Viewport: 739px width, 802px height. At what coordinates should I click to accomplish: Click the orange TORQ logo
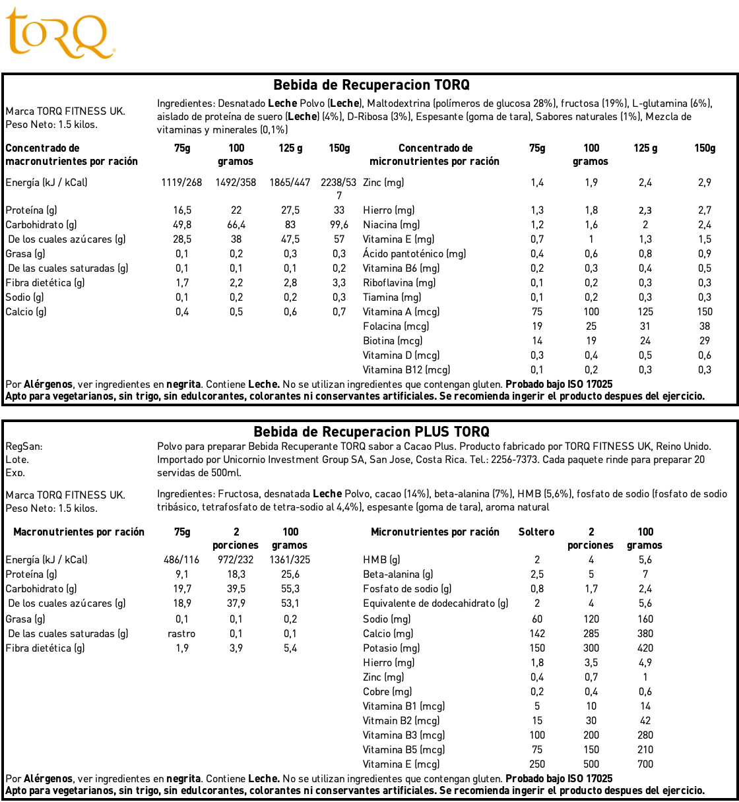pos(59,33)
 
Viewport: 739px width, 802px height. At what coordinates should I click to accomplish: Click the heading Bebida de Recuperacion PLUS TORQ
pos(371,432)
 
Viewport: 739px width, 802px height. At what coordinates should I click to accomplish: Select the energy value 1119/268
pos(181,183)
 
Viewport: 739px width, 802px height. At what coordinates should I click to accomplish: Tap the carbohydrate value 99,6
pos(339,225)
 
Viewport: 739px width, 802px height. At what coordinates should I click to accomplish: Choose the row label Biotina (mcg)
pos(393,341)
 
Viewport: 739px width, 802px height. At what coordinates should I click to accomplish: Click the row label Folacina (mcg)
pos(396,326)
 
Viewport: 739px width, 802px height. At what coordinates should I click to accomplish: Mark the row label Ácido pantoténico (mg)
pos(414,254)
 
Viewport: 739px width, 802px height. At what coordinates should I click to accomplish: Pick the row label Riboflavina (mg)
pos(399,283)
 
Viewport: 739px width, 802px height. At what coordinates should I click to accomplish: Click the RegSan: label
pos(24,447)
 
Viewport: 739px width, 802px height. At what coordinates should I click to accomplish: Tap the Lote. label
pos(17,460)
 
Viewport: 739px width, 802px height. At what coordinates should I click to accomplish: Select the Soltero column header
pos(536,532)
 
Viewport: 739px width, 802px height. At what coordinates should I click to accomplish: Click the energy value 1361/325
pos(290,560)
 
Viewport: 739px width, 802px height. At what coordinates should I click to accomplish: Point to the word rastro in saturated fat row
pos(181,634)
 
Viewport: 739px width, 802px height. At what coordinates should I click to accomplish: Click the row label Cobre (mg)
pos(387,692)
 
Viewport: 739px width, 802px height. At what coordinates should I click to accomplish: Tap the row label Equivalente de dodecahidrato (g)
pos(435,603)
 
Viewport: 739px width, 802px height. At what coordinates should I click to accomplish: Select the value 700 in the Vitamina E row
pos(645,764)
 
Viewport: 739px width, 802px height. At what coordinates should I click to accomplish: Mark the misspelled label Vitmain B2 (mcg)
pos(401,721)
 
